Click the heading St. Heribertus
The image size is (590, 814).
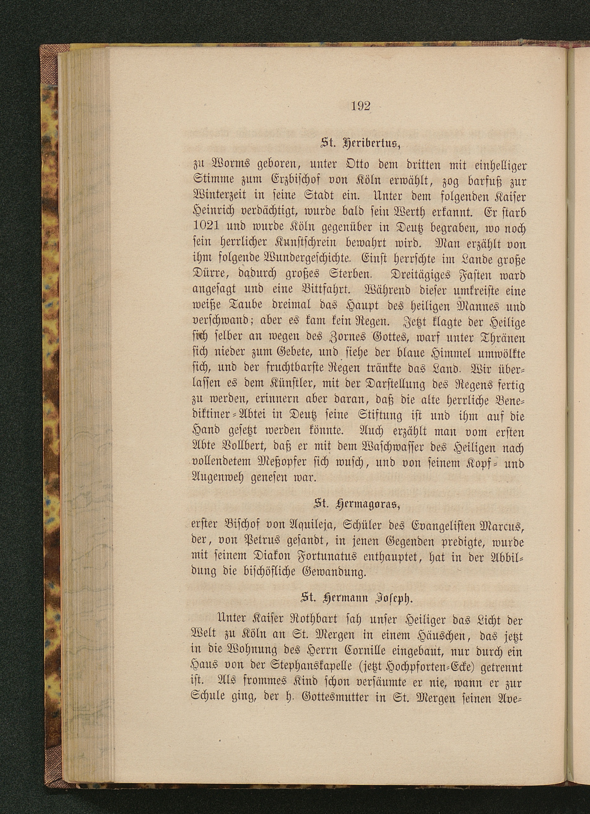360,144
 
